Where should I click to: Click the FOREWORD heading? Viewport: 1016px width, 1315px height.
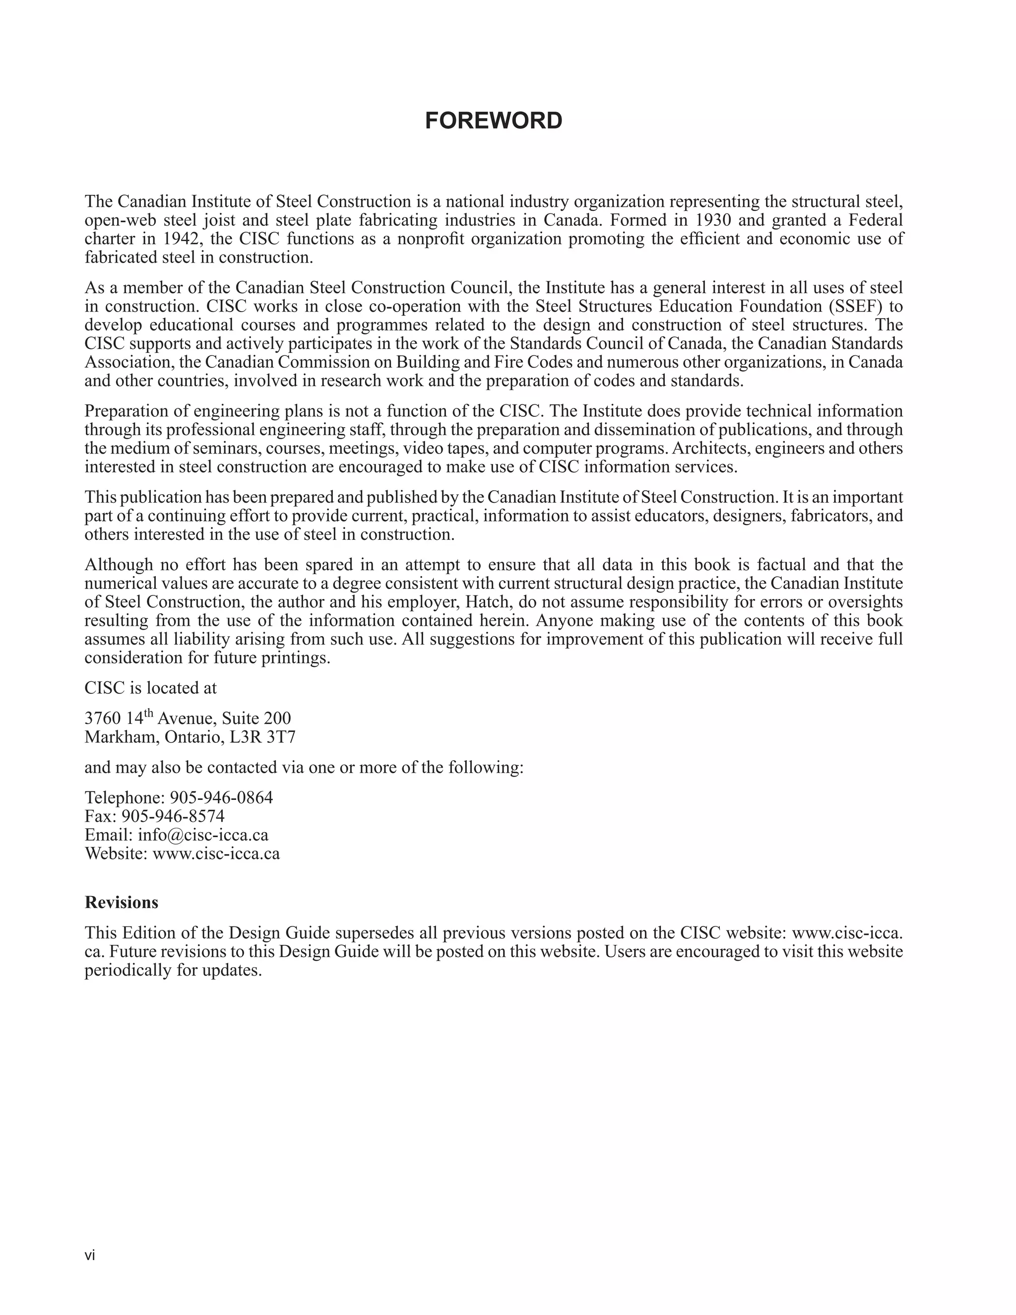tap(494, 121)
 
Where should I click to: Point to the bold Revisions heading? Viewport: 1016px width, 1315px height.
tap(121, 902)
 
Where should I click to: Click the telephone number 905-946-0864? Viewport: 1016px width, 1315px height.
tap(221, 797)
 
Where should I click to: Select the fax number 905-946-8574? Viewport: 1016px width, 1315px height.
tap(173, 816)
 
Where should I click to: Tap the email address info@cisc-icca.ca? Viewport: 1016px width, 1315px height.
tap(203, 835)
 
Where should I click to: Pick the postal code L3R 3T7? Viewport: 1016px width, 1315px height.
tap(262, 737)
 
